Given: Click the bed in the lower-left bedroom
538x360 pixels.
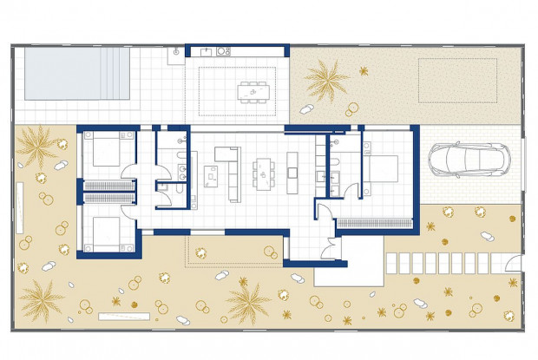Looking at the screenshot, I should click(x=106, y=232).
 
